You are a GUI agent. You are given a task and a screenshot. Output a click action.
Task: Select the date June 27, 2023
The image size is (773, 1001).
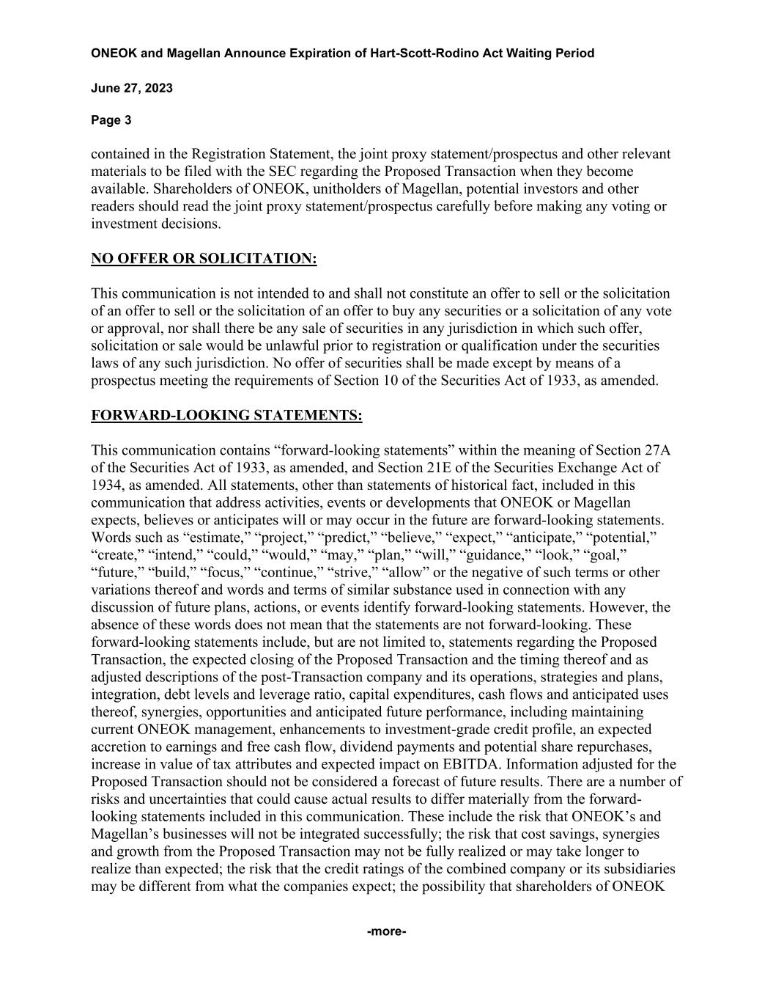(x=132, y=89)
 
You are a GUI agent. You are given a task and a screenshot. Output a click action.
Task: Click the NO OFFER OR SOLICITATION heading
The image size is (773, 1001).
(x=204, y=259)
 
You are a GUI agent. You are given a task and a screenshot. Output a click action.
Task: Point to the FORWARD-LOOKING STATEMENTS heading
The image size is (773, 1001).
(x=226, y=416)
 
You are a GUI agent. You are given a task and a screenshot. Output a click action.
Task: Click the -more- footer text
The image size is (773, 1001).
(x=386, y=932)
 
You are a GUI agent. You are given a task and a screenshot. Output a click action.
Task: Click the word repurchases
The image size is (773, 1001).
(x=615, y=747)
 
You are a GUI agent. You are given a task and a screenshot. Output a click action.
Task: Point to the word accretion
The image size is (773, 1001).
(x=121, y=747)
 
